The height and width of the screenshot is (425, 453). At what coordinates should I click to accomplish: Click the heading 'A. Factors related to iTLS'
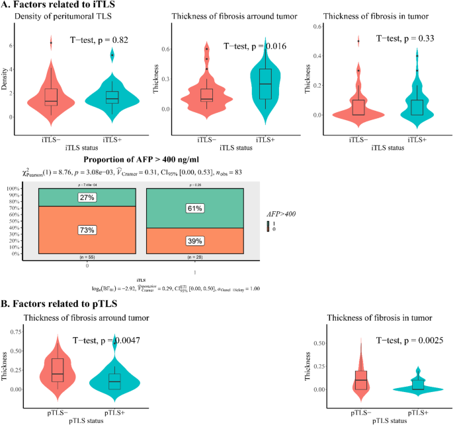[49, 6]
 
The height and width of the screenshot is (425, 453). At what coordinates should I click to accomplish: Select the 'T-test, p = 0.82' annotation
[108, 40]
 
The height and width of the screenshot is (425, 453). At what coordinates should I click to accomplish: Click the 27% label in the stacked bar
[87, 197]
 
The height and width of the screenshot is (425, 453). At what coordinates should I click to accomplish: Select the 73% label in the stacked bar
[87, 230]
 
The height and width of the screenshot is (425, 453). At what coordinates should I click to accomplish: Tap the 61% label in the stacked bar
[194, 209]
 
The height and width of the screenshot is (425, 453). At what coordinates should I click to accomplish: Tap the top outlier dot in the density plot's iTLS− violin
[50, 43]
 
